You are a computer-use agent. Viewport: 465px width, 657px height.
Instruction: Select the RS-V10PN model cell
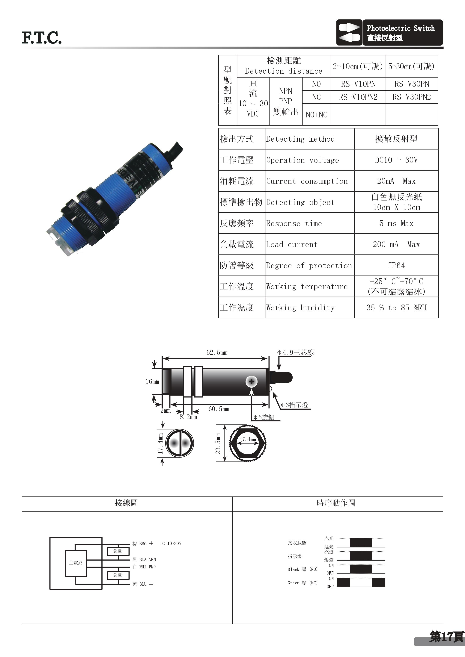358,84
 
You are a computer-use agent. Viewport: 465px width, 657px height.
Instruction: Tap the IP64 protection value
397,266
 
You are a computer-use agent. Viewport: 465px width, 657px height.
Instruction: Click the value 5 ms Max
397,223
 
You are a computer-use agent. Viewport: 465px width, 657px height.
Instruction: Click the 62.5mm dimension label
217,352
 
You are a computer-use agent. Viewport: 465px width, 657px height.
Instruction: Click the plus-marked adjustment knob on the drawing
251,382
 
